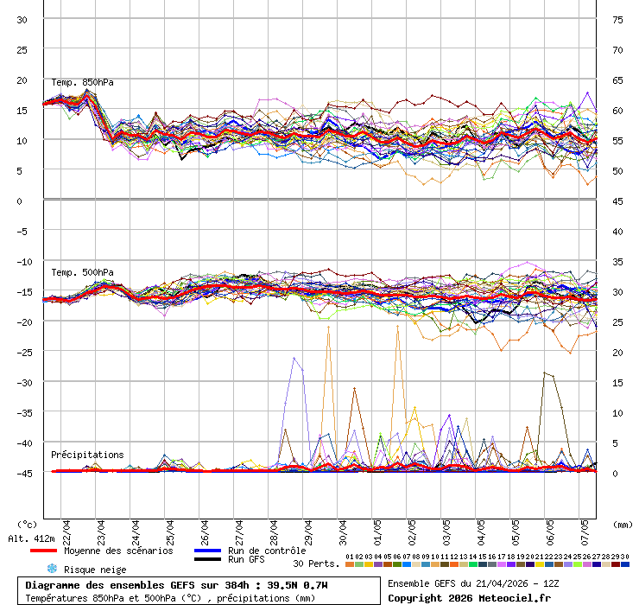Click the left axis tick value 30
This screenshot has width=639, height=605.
pos(22,19)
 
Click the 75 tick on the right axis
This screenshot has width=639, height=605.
pos(617,19)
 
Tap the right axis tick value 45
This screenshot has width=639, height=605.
pos(617,201)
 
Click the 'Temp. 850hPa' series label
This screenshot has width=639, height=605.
pos(82,83)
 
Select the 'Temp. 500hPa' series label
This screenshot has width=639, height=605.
pos(82,273)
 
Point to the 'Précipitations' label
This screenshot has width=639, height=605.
pos(86,455)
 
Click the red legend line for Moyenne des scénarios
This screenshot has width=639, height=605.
pos(43,551)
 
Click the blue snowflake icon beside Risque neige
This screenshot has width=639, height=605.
pos(51,569)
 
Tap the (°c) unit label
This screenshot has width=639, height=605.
pos(28,524)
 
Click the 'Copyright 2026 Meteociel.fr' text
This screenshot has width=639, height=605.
pos(469,598)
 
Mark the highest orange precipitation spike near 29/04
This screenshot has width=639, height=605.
pos(328,328)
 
